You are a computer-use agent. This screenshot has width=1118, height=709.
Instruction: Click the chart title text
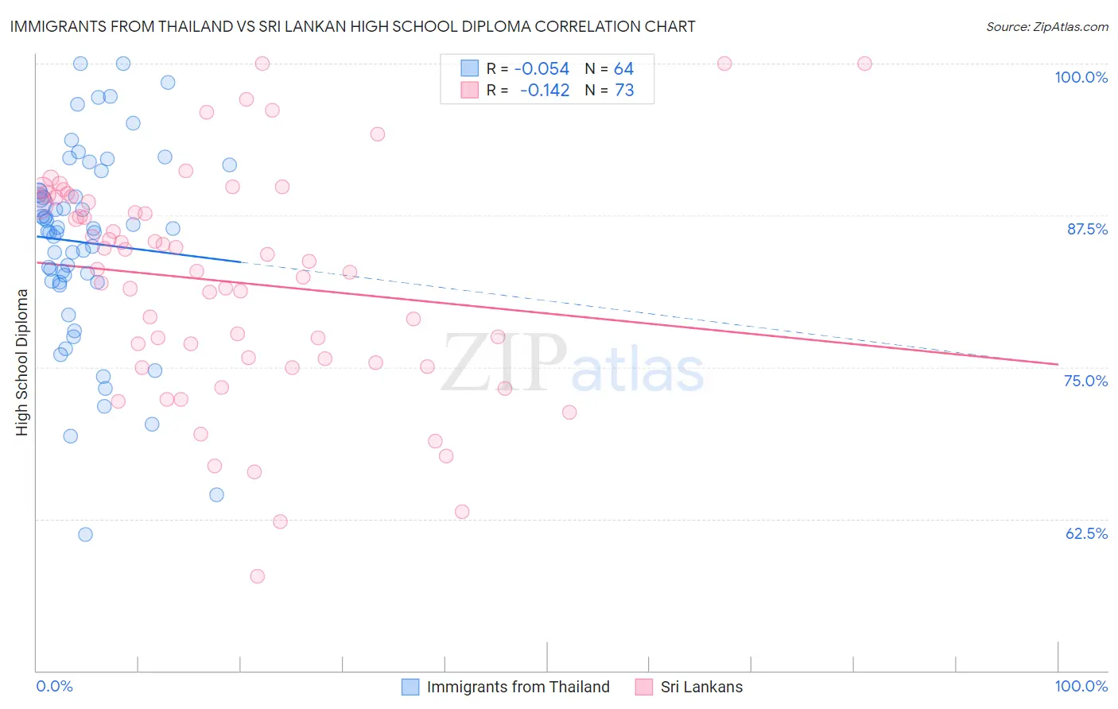(x=352, y=26)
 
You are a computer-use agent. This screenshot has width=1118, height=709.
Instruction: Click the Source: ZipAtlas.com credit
(x=1046, y=26)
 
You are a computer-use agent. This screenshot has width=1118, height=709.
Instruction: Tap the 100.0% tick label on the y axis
(x=1081, y=77)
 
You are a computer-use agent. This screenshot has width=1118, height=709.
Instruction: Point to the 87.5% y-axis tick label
(x=1087, y=229)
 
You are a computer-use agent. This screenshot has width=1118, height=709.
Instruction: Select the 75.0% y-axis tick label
(x=1085, y=381)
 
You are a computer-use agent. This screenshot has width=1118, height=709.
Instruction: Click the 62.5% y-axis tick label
(x=1086, y=533)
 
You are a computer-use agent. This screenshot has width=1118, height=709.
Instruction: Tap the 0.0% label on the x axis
(x=54, y=686)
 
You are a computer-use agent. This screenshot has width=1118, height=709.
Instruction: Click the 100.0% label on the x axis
(x=1081, y=686)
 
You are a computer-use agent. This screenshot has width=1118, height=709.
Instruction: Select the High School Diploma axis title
(x=22, y=362)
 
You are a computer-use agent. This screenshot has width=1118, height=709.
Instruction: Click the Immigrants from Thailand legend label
(x=518, y=687)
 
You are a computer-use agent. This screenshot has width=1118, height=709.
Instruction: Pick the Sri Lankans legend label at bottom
(x=701, y=687)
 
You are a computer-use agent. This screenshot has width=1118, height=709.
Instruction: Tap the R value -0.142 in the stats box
(x=545, y=91)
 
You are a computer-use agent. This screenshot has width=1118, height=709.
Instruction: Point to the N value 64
(x=623, y=69)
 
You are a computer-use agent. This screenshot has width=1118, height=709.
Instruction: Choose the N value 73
(x=624, y=91)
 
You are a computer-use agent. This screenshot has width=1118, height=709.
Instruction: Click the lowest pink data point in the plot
(x=257, y=576)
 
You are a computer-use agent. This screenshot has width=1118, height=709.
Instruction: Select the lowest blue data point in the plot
(x=85, y=535)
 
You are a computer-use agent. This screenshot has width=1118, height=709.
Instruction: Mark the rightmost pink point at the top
(x=864, y=64)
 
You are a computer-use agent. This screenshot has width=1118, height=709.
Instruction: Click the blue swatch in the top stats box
(x=470, y=68)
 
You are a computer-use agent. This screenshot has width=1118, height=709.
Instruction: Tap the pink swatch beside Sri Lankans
(x=644, y=687)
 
